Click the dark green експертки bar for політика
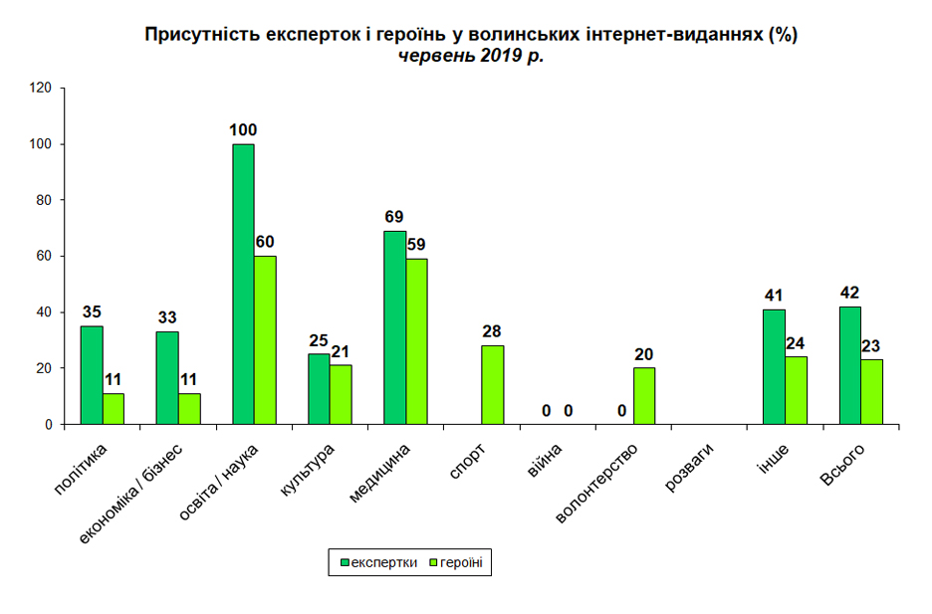(x=92, y=375)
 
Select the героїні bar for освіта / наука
(x=265, y=340)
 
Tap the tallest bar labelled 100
(x=243, y=285)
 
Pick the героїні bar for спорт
(x=493, y=385)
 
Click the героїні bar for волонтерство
(x=644, y=396)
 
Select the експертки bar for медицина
(x=394, y=327)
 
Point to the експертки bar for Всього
(x=850, y=366)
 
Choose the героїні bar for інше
(x=796, y=391)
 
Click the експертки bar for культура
(x=319, y=389)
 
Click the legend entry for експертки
(x=378, y=562)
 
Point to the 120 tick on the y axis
(x=41, y=88)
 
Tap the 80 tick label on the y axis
(x=44, y=200)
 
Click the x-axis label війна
(x=545, y=461)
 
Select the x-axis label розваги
(x=688, y=468)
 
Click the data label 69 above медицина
(x=394, y=217)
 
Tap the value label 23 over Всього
(x=871, y=346)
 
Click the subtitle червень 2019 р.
(x=471, y=56)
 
